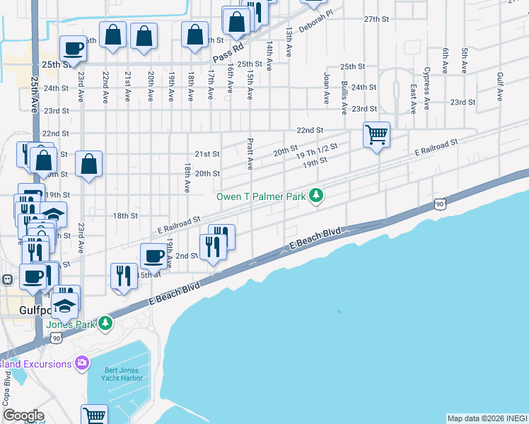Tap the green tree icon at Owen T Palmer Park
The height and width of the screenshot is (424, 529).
(x=318, y=196)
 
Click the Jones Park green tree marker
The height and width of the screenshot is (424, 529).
(x=105, y=323)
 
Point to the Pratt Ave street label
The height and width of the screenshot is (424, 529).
(x=250, y=154)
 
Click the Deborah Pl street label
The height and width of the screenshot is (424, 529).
(x=315, y=28)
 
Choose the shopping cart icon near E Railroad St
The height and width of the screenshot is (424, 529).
(x=376, y=134)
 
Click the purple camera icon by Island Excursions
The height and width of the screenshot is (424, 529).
(x=82, y=363)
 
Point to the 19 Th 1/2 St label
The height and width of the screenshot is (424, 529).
(x=318, y=151)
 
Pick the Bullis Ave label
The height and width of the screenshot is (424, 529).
(x=344, y=98)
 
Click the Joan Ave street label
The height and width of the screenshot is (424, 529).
(x=327, y=88)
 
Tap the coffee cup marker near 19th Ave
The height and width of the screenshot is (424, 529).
(x=153, y=255)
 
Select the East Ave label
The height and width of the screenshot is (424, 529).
(x=412, y=98)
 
